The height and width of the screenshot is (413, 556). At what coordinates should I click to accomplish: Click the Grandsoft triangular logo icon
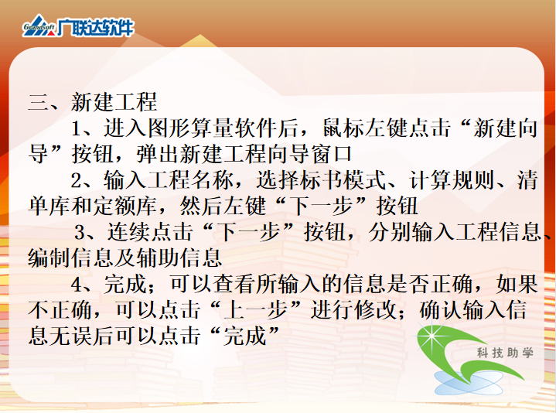pyautogui.click(x=39, y=26)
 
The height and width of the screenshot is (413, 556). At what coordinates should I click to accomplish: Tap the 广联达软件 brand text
pyautogui.click(x=95, y=27)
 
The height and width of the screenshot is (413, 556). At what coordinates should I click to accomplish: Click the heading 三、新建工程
pyautogui.click(x=93, y=102)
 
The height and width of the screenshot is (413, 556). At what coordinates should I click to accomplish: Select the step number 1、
pyautogui.click(x=82, y=128)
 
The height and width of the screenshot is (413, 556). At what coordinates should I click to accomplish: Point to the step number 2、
pyautogui.click(x=82, y=180)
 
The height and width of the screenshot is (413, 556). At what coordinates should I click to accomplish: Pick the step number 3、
pyautogui.click(x=86, y=233)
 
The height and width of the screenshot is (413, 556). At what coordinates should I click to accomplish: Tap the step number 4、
pyautogui.click(x=82, y=285)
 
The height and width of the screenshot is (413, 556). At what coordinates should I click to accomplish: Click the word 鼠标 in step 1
pyautogui.click(x=344, y=128)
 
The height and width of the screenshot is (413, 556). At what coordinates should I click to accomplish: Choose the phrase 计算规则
pyautogui.click(x=452, y=180)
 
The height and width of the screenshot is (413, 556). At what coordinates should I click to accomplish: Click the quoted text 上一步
pyautogui.click(x=256, y=310)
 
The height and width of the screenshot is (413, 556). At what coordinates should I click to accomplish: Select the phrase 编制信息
pyautogui.click(x=71, y=258)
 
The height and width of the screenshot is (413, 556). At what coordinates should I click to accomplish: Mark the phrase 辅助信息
pyautogui.click(x=179, y=258)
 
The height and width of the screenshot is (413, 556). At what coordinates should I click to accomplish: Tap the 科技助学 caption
pyautogui.click(x=505, y=353)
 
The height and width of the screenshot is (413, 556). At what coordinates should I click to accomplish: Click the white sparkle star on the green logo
pyautogui.click(x=432, y=336)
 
